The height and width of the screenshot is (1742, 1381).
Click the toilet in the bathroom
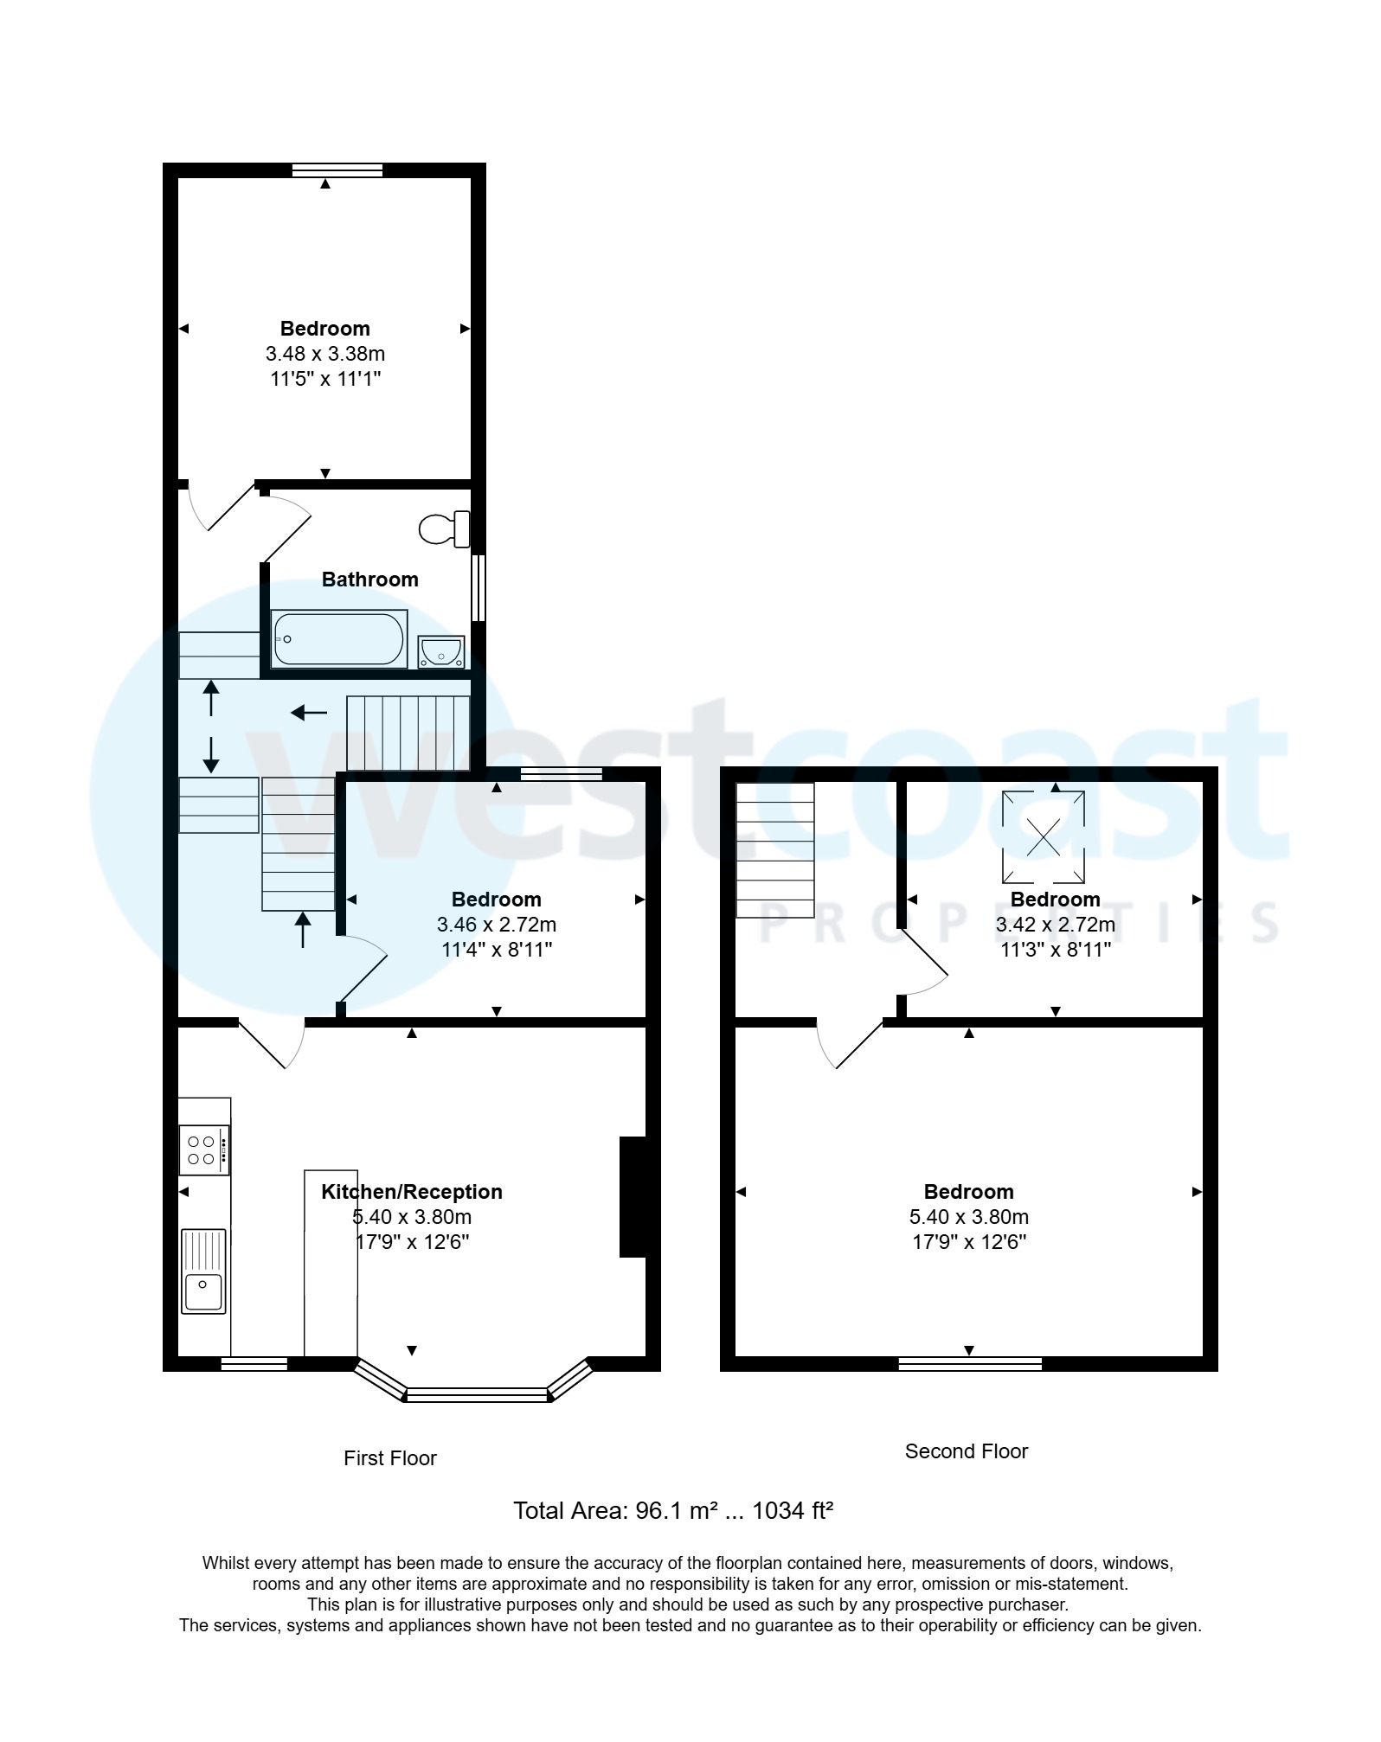point(445,528)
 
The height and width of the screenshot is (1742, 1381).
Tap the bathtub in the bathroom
point(338,639)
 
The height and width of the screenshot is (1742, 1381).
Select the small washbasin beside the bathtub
point(441,651)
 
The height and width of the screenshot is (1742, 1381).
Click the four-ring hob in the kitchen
point(204,1150)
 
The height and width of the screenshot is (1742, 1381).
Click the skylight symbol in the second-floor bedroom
point(1043,836)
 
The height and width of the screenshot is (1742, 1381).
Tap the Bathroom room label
point(369,580)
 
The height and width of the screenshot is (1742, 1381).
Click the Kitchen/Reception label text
point(411,1191)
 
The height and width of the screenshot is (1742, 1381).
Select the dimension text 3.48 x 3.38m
point(324,354)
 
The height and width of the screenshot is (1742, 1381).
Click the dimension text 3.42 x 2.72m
point(1055,925)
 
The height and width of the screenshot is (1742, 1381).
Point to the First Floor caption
point(389,1458)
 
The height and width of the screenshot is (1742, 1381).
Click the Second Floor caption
point(966,1451)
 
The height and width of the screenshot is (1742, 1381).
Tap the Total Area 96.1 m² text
point(672,1511)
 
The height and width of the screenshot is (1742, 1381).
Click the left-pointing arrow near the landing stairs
point(309,713)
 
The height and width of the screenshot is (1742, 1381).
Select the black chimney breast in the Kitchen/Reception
point(633,1196)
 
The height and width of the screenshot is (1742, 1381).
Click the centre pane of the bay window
point(477,1394)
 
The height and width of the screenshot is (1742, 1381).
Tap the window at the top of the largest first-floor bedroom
point(337,170)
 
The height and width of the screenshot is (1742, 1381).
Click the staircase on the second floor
point(774,849)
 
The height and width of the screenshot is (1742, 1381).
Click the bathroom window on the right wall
point(478,587)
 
